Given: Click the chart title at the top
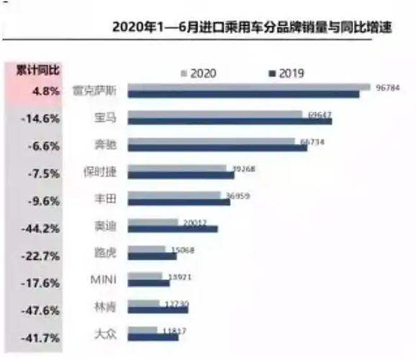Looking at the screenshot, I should (253, 28).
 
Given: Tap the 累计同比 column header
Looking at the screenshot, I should (38, 70).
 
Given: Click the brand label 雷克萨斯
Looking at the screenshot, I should (96, 91).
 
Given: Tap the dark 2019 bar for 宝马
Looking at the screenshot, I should (231, 121).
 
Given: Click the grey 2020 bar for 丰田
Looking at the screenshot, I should (176, 195).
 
